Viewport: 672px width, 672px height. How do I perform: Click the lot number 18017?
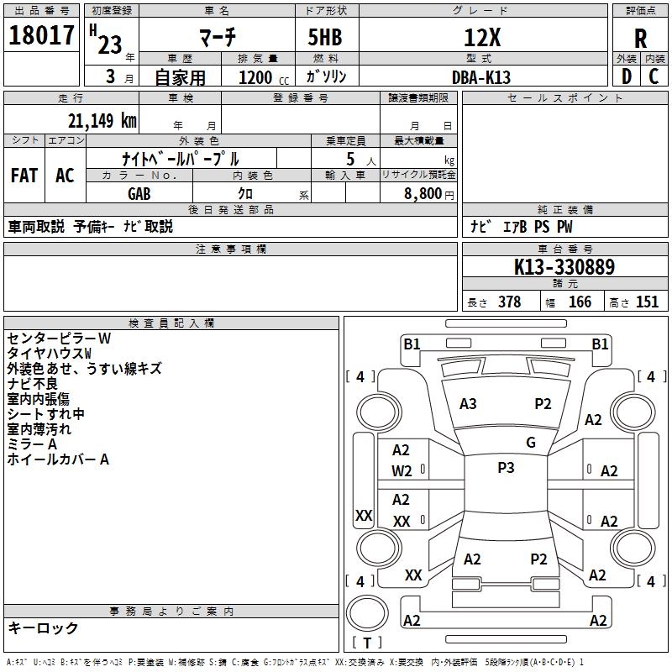tap(41, 36)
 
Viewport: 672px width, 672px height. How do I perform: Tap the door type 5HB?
tap(325, 38)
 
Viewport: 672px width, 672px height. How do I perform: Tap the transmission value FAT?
tap(24, 176)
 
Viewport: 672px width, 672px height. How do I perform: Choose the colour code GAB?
tap(139, 193)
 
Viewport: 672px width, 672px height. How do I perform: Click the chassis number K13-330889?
tap(564, 268)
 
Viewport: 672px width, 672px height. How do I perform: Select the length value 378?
tap(509, 302)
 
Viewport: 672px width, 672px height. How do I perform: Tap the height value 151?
tap(647, 302)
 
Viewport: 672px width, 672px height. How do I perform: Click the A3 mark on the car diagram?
tap(468, 404)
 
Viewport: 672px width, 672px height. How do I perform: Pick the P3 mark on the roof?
tap(506, 468)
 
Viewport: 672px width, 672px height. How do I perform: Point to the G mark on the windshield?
tap(531, 443)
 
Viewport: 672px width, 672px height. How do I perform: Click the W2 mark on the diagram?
tap(402, 470)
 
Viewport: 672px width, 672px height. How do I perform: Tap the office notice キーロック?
tap(43, 627)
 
